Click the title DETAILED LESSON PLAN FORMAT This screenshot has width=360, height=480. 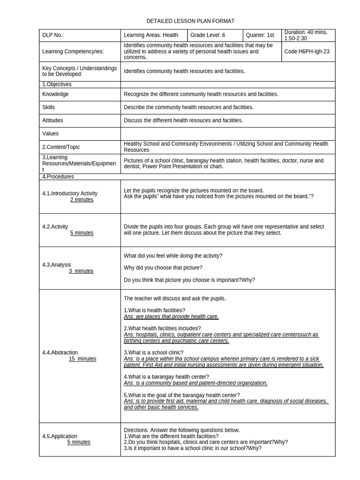pyautogui.click(x=190, y=21)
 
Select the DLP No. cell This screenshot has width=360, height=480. pyautogui.click(x=53, y=35)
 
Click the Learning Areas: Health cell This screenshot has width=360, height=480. pyautogui.click(x=150, y=35)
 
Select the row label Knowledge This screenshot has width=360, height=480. pyautogui.click(x=55, y=94)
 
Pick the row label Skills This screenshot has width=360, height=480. pyautogui.click(x=48, y=107)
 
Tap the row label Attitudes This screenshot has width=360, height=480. pyautogui.click(x=52, y=120)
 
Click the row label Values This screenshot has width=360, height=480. pyautogui.click(x=50, y=134)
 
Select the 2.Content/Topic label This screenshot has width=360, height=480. pyautogui.click(x=61, y=147)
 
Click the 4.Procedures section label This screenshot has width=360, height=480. pyautogui.click(x=58, y=177)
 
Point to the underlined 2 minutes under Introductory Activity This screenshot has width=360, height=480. pyautogui.click(x=82, y=200)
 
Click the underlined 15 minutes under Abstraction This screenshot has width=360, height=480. pyautogui.click(x=82, y=359)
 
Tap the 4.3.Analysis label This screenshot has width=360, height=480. pyautogui.click(x=57, y=265)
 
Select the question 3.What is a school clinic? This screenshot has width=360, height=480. pyautogui.click(x=153, y=352)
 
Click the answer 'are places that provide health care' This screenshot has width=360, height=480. pyautogui.click(x=171, y=316)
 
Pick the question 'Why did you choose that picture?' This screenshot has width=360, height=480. pyautogui.click(x=163, y=268)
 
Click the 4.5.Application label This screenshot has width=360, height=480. pyautogui.click(x=60, y=436)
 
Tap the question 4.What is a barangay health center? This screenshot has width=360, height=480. pyautogui.click(x=166, y=377)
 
